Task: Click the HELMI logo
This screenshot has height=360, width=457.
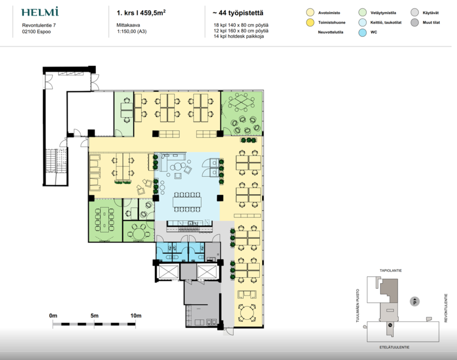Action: click(x=40, y=12)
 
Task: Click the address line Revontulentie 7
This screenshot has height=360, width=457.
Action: click(x=39, y=25)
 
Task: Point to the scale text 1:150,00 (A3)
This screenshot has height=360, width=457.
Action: click(x=132, y=32)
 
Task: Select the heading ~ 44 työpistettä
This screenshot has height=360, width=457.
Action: click(x=238, y=13)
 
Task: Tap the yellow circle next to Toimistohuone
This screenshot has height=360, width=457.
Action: click(x=310, y=22)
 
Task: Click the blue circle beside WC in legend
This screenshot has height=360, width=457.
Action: click(x=362, y=32)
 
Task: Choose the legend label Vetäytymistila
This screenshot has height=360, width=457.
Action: click(x=383, y=13)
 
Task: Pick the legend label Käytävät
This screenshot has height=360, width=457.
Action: click(x=430, y=13)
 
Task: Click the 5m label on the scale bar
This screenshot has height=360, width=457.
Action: click(x=95, y=316)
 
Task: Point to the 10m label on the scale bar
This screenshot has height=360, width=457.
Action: click(x=136, y=316)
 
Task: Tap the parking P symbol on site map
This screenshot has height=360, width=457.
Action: click(x=415, y=302)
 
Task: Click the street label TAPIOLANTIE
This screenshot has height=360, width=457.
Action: click(x=391, y=270)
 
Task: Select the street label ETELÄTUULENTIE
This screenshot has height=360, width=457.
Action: click(x=394, y=347)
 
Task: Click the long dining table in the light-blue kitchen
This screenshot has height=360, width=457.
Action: click(x=187, y=202)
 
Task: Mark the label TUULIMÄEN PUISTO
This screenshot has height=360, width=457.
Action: click(x=358, y=306)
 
